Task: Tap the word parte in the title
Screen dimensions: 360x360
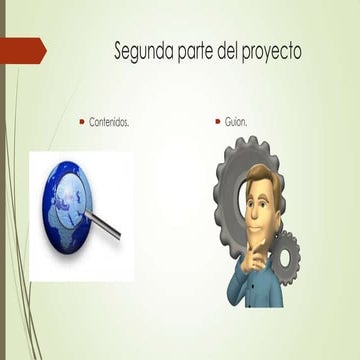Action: [x=204, y=49]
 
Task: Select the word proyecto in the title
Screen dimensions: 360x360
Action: [x=268, y=50]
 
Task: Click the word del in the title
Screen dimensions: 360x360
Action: [x=237, y=49]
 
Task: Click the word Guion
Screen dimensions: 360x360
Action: [x=236, y=122]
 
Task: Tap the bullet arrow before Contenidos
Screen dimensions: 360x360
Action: [x=82, y=121]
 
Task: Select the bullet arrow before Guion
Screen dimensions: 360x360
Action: [x=217, y=121]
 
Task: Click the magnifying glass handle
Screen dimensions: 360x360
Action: [x=108, y=227]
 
